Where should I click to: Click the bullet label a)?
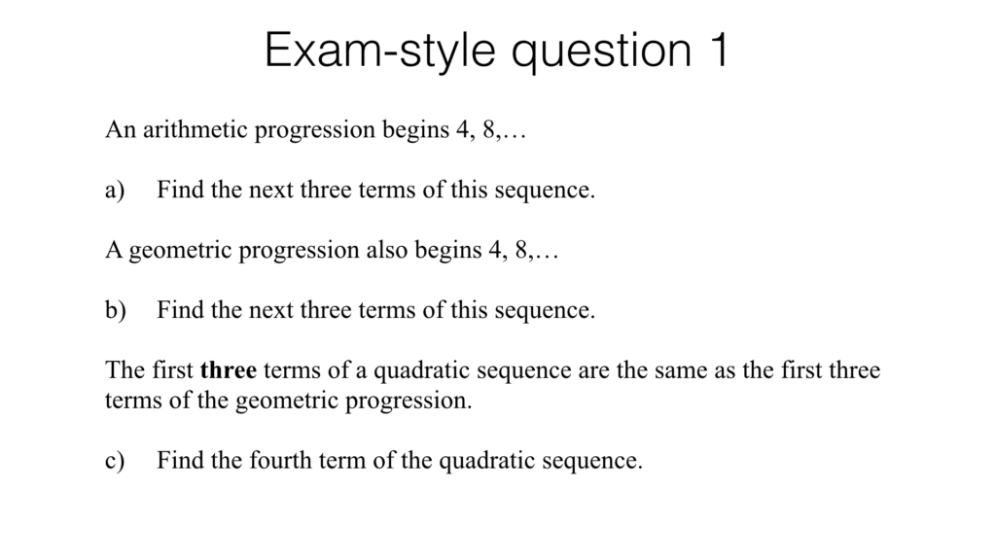116,190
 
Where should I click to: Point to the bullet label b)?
116,311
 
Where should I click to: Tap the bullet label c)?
116,461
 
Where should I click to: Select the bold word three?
228,370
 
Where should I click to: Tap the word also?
387,250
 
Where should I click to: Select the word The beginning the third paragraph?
124,370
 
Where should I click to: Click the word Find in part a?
180,190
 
